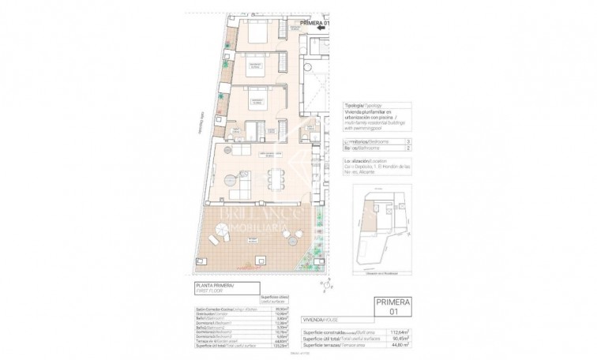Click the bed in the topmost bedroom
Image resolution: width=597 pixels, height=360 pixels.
(x=257, y=35)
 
